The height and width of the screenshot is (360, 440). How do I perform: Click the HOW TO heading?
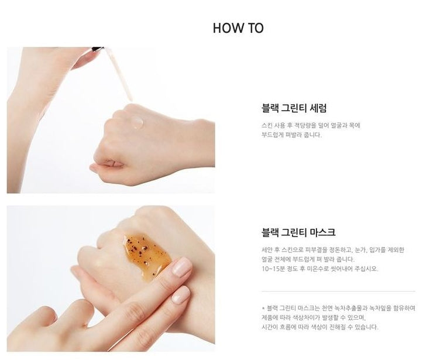point(238,28)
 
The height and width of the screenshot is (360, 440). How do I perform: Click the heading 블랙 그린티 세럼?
point(294,108)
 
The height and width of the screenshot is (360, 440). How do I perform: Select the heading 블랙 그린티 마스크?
point(298,232)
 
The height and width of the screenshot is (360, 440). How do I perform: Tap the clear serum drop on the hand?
point(137,122)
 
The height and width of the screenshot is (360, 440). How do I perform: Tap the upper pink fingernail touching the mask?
point(182,267)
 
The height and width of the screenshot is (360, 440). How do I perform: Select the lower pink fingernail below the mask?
point(181,295)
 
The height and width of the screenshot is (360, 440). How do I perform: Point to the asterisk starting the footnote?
point(263,308)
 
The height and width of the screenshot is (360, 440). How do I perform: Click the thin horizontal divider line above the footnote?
point(338,292)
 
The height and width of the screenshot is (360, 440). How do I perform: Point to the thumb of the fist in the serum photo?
point(106,164)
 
